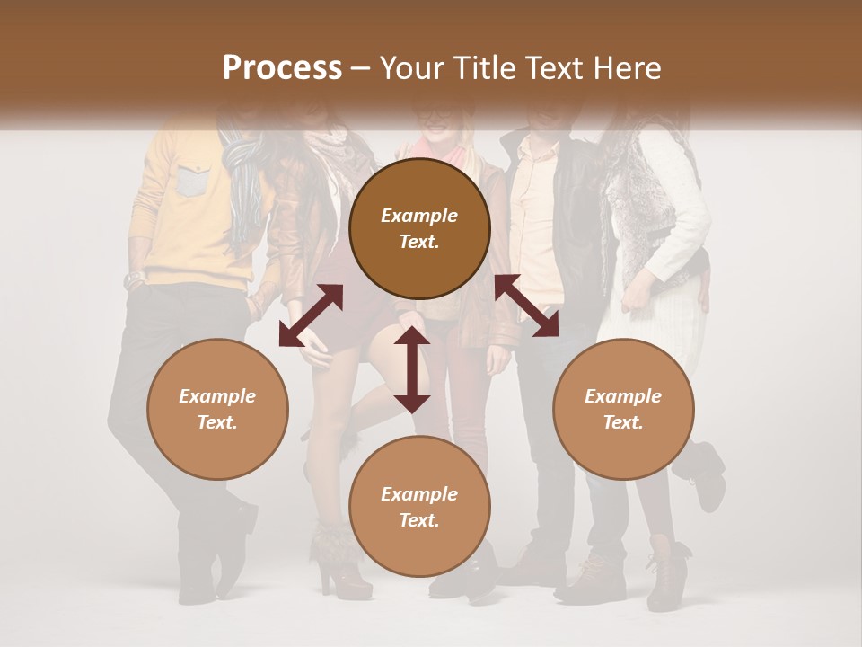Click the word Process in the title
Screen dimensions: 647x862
[x=282, y=68]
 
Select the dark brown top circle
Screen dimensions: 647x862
[x=419, y=228]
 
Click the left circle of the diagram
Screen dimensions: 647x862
[x=217, y=409]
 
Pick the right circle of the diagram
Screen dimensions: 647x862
[x=623, y=409]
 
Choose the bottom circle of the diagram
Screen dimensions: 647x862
[x=419, y=507]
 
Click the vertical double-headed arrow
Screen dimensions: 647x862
[x=412, y=369]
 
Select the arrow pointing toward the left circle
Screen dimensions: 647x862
[x=311, y=315]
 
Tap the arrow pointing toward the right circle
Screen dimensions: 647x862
[x=526, y=306]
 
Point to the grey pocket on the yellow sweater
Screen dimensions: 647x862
[x=192, y=182]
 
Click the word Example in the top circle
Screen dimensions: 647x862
[x=419, y=216]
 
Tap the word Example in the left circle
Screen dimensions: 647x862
[x=217, y=396]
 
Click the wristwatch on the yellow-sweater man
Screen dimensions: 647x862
[x=135, y=278]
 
